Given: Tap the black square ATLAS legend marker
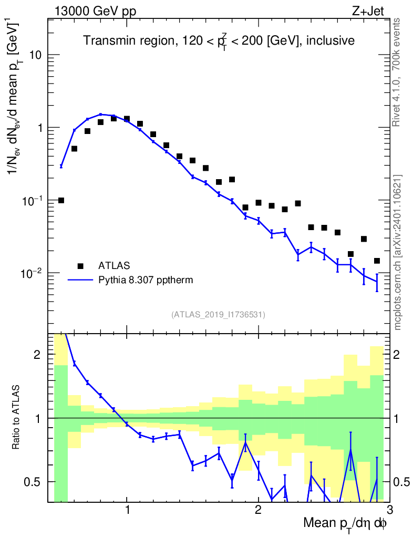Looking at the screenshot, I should click(80, 266).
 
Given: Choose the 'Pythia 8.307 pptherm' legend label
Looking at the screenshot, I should click(146, 280).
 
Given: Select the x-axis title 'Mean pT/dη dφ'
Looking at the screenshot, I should click(345, 524).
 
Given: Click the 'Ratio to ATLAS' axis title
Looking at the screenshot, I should click(17, 417).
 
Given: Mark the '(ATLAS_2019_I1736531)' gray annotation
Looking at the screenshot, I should click(218, 315).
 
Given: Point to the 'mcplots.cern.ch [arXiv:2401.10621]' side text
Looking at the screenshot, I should click(398, 252).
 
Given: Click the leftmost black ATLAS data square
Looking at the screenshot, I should click(61, 200).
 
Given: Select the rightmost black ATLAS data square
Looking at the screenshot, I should click(377, 261).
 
